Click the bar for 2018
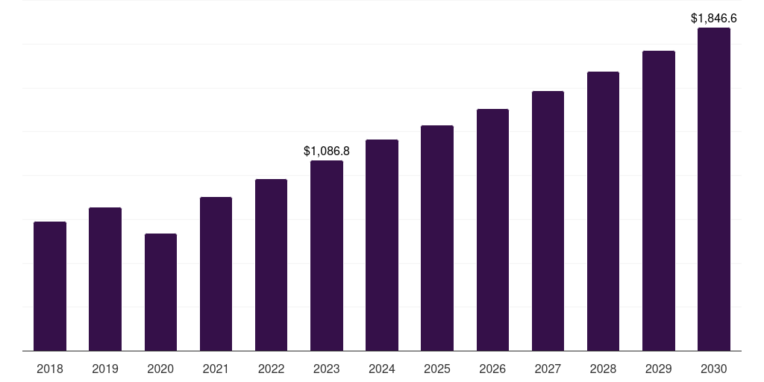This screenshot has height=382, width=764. click(50, 286)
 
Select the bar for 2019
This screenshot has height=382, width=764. click(105, 279)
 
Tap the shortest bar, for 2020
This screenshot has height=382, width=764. click(161, 292)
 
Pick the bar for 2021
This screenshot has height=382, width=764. click(216, 274)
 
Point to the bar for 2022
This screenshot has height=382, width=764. click(271, 265)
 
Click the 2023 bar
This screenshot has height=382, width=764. click(327, 256)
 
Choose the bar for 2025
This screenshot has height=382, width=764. click(437, 238)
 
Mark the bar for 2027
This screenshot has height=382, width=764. click(548, 221)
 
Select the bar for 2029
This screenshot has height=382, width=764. click(659, 201)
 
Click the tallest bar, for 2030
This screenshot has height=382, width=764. click(714, 189)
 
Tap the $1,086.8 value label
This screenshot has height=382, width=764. click(327, 151)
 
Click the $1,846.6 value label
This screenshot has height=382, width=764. click(714, 19)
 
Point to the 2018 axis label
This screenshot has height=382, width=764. click(50, 369)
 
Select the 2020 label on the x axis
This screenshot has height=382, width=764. click(161, 369)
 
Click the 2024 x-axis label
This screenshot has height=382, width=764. click(382, 369)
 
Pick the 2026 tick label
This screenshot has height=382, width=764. click(492, 369)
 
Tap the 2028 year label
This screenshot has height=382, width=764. click(603, 369)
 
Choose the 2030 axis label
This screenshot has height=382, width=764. click(714, 369)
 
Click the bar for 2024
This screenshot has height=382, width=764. click(382, 245)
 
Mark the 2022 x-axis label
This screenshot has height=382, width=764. click(271, 369)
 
